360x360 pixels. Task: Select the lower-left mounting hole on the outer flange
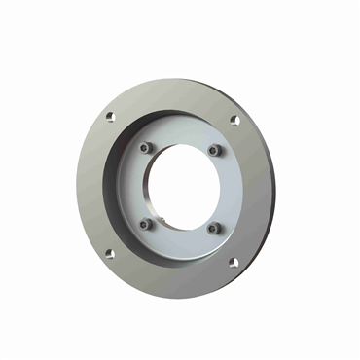click(108, 254)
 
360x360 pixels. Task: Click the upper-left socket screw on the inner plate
click(145, 149)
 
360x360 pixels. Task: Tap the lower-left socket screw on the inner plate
click(145, 224)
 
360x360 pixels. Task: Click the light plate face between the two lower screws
click(180, 240)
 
